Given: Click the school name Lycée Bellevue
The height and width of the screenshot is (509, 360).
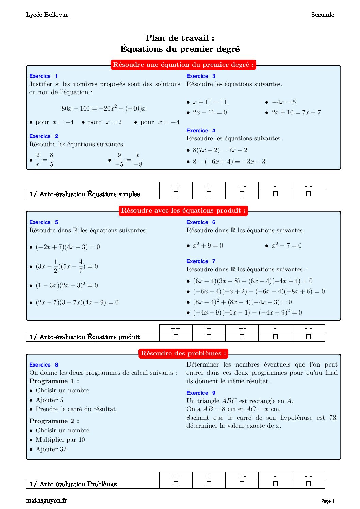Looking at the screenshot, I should pyautogui.click(x=47, y=15).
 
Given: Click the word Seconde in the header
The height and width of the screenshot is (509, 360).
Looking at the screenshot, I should pyautogui.click(x=323, y=15).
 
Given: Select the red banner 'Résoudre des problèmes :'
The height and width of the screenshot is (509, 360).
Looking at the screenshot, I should pyautogui.click(x=183, y=353).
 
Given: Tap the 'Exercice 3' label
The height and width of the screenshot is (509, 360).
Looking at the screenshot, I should pyautogui.click(x=201, y=76).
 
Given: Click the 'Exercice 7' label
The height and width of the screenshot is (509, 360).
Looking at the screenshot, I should pyautogui.click(x=201, y=261).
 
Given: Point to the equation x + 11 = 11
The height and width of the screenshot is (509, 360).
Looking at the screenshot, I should pyautogui.click(x=209, y=102).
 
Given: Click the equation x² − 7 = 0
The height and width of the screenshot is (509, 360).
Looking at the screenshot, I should pyautogui.click(x=286, y=245).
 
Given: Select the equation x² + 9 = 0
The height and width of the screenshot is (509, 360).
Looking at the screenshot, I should pyautogui.click(x=208, y=245).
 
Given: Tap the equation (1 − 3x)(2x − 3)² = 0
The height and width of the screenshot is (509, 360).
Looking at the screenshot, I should pyautogui.click(x=67, y=285).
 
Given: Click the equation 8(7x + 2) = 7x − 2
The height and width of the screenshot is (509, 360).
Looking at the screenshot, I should pyautogui.click(x=220, y=150).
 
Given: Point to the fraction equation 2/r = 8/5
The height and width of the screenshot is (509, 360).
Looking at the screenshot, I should pyautogui.click(x=45, y=159).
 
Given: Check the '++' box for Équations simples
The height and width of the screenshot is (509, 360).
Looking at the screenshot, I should pyautogui.click(x=176, y=194).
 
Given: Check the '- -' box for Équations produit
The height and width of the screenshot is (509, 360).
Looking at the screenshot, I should pyautogui.click(x=308, y=337).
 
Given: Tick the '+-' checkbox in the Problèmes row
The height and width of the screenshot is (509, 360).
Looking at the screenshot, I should pyautogui.click(x=242, y=484).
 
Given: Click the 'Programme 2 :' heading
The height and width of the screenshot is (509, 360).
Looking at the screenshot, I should pyautogui.click(x=54, y=421).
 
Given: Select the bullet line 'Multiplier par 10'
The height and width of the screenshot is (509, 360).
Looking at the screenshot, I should pyautogui.click(x=60, y=440).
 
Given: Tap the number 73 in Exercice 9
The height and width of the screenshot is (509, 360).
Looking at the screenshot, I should pyautogui.click(x=333, y=418).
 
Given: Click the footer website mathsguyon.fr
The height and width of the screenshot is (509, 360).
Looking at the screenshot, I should pyautogui.click(x=46, y=500).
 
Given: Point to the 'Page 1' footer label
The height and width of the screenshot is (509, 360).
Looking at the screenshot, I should pyautogui.click(x=328, y=501).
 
